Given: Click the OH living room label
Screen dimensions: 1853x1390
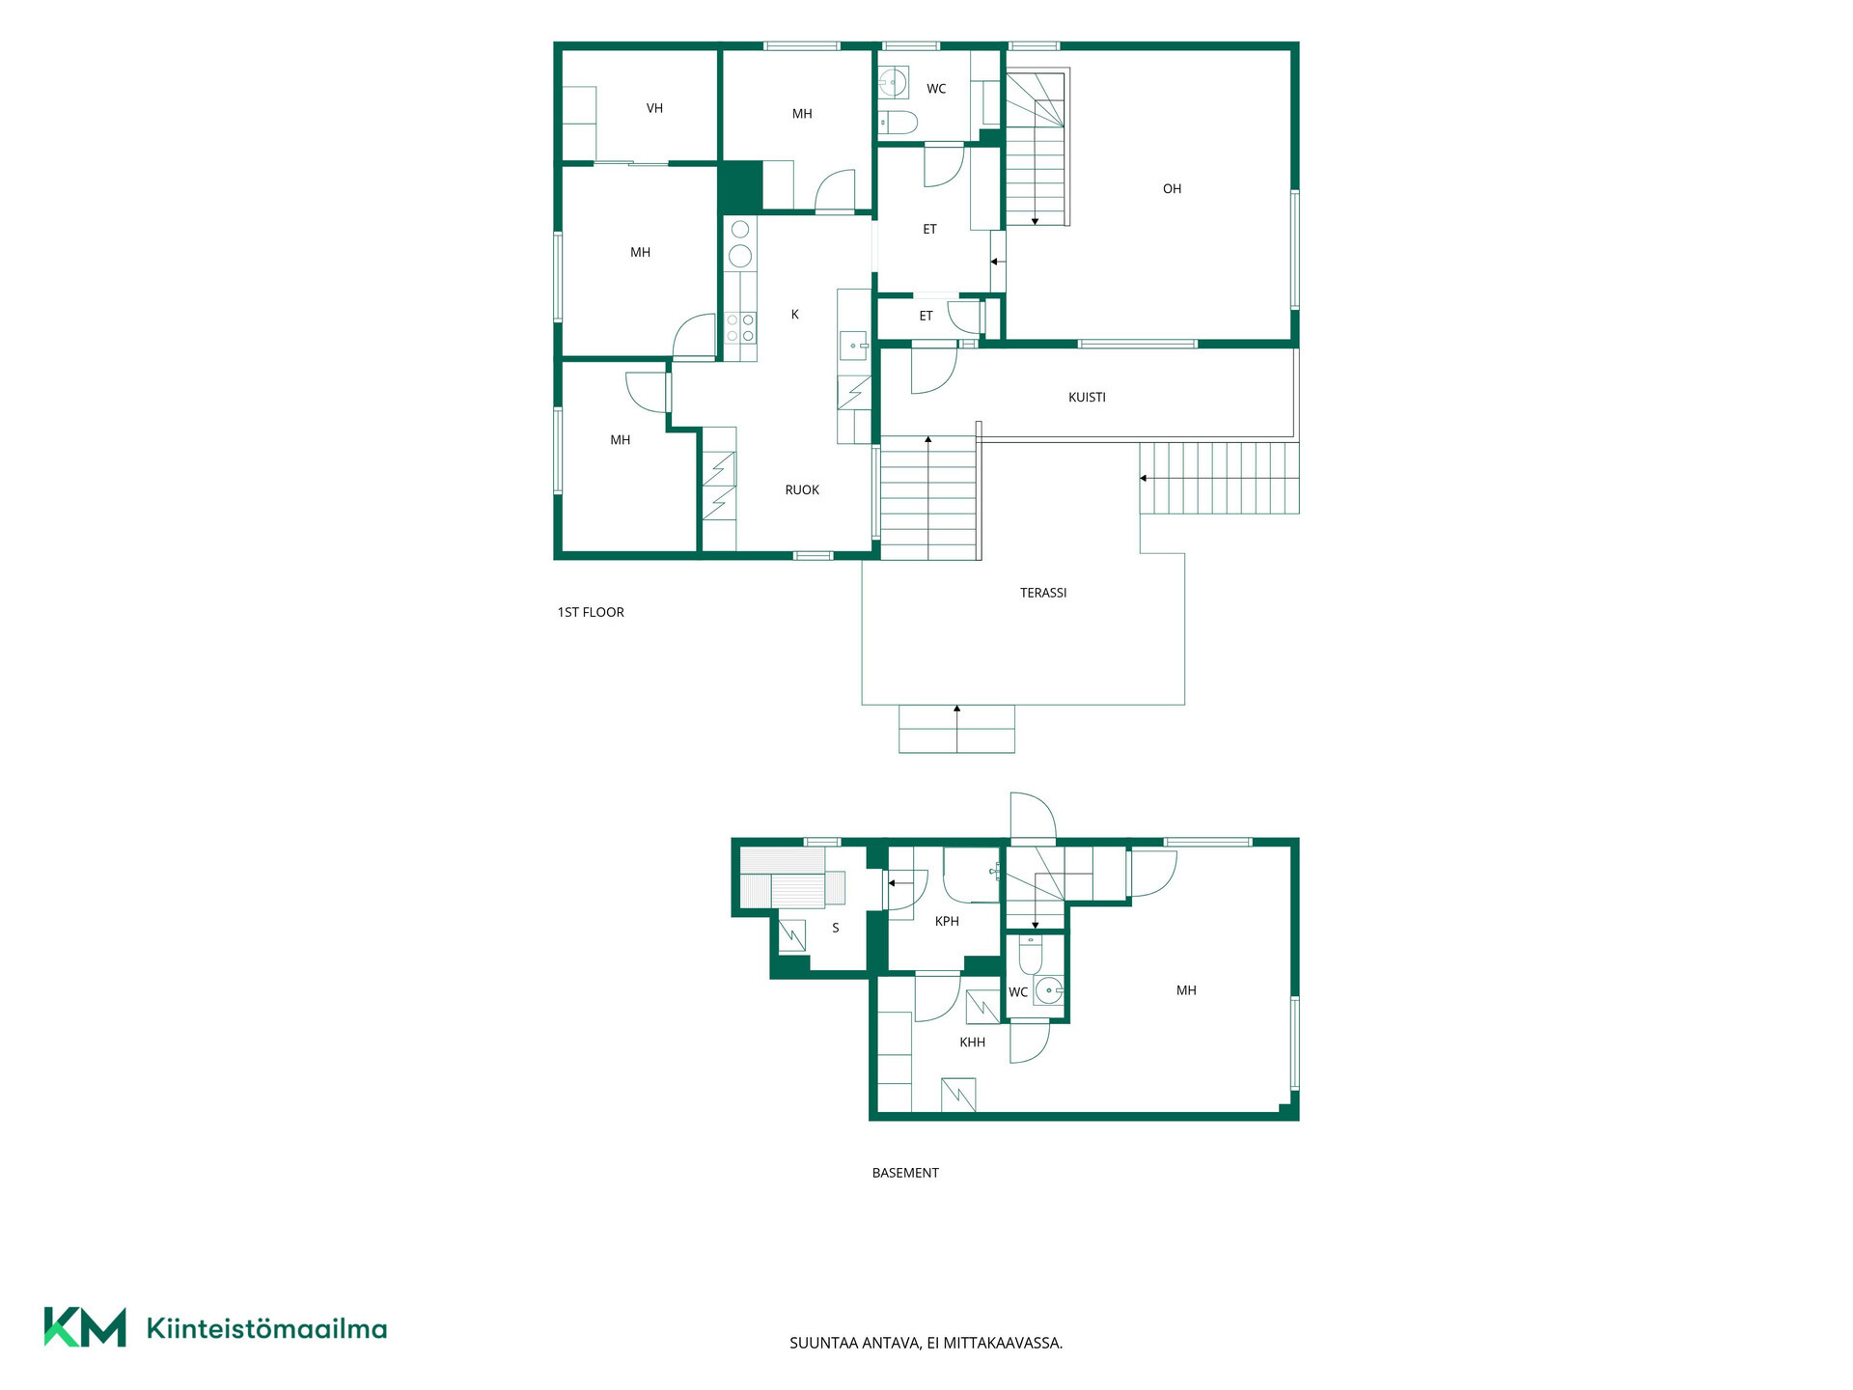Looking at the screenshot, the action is pos(1172,189).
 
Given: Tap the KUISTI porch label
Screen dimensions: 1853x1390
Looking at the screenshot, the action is pos(1087,398).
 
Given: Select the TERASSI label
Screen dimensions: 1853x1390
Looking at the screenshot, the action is pos(1043,593).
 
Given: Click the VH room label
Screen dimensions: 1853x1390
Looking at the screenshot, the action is pos(654,109).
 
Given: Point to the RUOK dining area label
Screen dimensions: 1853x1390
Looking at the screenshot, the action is pos(802,490).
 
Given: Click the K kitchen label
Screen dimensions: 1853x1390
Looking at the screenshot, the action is pos(795,315).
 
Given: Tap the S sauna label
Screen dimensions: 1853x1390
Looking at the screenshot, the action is pos(836,929).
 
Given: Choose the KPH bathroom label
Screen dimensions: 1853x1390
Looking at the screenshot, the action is pos(947,922).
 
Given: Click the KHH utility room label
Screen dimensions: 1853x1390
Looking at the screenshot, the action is pos(972,1042).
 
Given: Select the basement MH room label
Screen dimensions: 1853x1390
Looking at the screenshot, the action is pos(1186,990).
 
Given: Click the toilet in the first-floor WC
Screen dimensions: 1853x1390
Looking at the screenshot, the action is pos(899,123).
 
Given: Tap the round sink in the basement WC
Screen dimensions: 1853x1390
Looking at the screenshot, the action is pos(1048,990).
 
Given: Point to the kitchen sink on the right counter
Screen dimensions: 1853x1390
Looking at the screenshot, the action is pos(853,345).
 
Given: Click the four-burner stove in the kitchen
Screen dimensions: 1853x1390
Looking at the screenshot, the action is pos(740,328).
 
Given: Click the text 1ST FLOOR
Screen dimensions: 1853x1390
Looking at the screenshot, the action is pos(591,613).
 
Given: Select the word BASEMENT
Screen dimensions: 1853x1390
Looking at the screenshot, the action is pos(905,1174).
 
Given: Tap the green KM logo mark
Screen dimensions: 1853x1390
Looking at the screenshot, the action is pos(85,1327).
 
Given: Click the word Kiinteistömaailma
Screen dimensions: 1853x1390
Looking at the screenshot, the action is pos(266,1329).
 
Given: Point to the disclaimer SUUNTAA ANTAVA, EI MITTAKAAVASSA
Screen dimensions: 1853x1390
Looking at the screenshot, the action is pos(926,1344).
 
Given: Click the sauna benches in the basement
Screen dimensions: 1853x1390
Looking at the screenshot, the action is pos(791,877).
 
